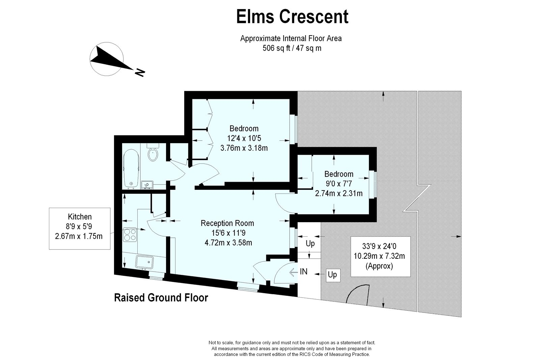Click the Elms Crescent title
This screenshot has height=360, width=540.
coord(292,17)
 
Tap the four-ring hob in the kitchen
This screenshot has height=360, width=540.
coord(130,234)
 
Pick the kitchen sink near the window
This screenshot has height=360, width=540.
coord(144,262)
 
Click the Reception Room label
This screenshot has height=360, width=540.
coord(227,223)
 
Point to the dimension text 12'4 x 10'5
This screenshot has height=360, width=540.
coord(244,138)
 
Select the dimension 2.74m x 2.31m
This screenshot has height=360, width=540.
coord(339,194)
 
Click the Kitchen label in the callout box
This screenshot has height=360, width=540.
coord(80,217)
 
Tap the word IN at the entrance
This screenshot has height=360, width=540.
coord(304,271)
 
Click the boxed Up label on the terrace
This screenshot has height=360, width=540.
coord(332,275)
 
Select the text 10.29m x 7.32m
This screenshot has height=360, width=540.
coord(379,256)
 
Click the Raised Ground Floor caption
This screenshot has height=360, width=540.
coord(161,298)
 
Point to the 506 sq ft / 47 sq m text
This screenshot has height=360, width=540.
coord(292,48)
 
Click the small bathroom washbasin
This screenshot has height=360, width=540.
coord(147,185)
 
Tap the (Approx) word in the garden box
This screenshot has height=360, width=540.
coord(379,266)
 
